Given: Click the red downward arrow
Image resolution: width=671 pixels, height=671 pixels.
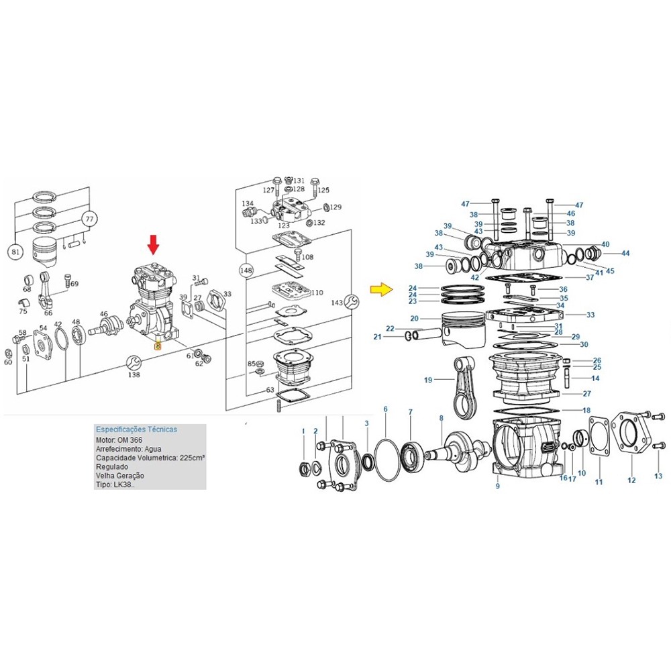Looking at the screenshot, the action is (153, 245).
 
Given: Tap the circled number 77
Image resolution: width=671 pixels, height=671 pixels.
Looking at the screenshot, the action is (89, 219).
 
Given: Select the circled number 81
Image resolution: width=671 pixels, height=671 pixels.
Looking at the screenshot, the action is (15, 252).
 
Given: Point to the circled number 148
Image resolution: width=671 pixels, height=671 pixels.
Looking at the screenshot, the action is (246, 270).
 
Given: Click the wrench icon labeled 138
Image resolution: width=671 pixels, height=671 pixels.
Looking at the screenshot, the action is (134, 363).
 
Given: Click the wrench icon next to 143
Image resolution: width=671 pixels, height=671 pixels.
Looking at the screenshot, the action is (352, 302).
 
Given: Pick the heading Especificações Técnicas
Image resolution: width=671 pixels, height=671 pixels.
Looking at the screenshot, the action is (136, 429).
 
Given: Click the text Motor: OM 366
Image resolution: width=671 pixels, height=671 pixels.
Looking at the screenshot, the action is (119, 440).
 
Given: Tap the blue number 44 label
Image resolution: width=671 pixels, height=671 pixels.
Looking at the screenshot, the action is (625, 254).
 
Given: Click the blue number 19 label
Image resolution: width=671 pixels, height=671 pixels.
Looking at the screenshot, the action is (428, 380).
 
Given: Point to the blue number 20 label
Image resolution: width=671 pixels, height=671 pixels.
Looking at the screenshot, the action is (414, 318).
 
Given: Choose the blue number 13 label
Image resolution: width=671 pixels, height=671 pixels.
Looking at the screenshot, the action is (658, 476).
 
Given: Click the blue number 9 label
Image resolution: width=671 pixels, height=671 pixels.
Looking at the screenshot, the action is (497, 486).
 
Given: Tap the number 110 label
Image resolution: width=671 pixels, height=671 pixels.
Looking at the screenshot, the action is (317, 293).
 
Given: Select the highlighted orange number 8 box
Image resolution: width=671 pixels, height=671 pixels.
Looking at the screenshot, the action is (158, 346).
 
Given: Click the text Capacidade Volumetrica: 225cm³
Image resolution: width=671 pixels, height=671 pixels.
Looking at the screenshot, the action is (150, 458).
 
